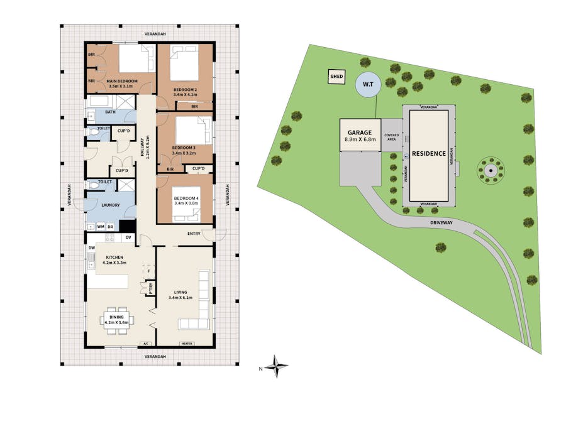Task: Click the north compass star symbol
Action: [276, 367]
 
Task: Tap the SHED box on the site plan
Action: [336, 77]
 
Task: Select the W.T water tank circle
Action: [367, 85]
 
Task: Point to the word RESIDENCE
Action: [429, 153]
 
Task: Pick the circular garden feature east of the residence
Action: [489, 170]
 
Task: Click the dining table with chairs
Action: [118, 319]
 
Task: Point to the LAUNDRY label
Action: [110, 205]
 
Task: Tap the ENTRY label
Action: [194, 234]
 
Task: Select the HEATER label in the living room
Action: [186, 344]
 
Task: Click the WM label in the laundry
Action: [100, 227]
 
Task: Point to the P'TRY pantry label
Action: [150, 289]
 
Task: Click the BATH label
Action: [110, 112]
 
